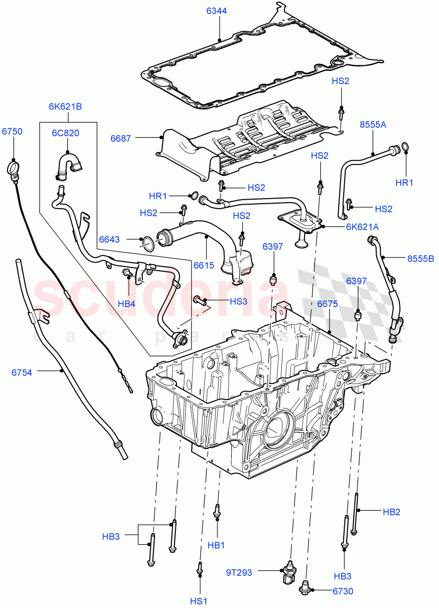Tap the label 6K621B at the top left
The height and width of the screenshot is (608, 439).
pyautogui.click(x=65, y=106)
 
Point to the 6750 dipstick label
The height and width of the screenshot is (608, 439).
pyautogui.click(x=12, y=131)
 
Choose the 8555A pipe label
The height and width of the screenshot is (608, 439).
pyautogui.click(x=373, y=124)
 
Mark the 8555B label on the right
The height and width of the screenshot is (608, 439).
pyautogui.click(x=421, y=258)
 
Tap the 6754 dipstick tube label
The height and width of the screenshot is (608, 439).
pyautogui.click(x=22, y=372)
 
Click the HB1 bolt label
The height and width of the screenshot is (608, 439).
pyautogui.click(x=216, y=545)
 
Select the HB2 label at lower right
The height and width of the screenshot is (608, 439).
pyautogui.click(x=391, y=512)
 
